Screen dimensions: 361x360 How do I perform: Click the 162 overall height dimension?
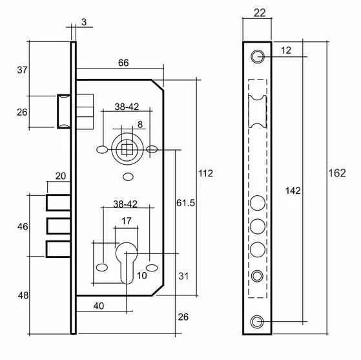pyautogui.click(x=337, y=173)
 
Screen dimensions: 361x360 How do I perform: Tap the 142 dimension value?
pyautogui.click(x=293, y=191)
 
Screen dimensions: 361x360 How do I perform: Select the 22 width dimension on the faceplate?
pyautogui.click(x=260, y=13)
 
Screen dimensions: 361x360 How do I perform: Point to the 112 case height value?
pyautogui.click(x=205, y=173)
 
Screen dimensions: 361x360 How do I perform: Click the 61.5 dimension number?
pyautogui.click(x=185, y=203)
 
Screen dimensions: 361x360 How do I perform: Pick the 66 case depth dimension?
pyautogui.click(x=123, y=63)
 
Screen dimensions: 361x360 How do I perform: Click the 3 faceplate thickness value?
pyautogui.click(x=84, y=22)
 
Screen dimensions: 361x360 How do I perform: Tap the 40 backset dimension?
pyautogui.click(x=99, y=306)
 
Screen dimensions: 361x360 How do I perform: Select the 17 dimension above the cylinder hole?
pyautogui.click(x=126, y=221)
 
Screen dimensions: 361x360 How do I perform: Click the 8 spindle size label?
pyautogui.click(x=140, y=125)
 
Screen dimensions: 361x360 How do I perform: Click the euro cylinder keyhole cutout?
pyautogui.click(x=127, y=263)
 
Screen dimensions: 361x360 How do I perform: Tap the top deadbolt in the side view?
pyautogui.click(x=59, y=202)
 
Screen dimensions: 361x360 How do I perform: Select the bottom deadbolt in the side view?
pyautogui.click(x=59, y=249)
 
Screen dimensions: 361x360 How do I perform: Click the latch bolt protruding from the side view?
pyautogui.click(x=64, y=111)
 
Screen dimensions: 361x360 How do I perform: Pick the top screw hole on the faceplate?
pyautogui.click(x=257, y=56)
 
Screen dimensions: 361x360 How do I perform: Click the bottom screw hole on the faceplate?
pyautogui.click(x=257, y=321)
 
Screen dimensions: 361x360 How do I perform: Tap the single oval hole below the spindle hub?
pyautogui.click(x=129, y=177)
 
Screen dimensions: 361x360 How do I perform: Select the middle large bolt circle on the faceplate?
pyautogui.click(x=258, y=226)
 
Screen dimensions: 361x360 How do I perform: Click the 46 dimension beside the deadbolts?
pyautogui.click(x=23, y=227)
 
